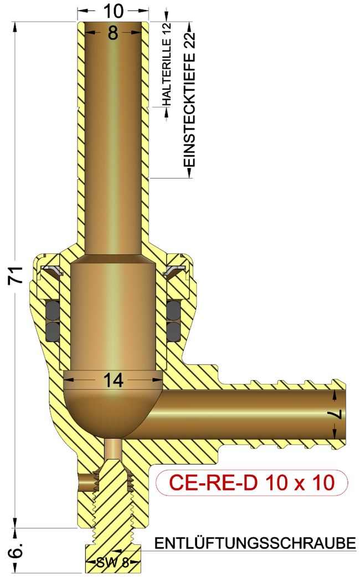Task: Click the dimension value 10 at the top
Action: (113, 9)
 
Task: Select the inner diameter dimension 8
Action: (113, 33)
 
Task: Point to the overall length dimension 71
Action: (16, 275)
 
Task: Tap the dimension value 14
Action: (113, 380)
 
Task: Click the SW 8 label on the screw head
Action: (112, 563)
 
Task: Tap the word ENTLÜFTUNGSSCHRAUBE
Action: (255, 544)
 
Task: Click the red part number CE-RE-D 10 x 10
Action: (252, 483)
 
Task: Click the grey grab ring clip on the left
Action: (51, 271)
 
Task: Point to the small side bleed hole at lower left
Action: (86, 482)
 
